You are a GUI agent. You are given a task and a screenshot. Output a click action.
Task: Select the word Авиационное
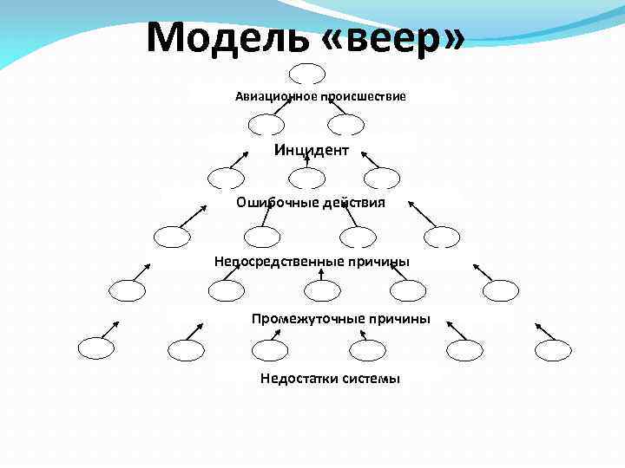pos(276,95)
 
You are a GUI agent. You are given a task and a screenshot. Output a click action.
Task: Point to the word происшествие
pos(364,95)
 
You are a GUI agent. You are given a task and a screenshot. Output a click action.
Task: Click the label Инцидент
pos(312,151)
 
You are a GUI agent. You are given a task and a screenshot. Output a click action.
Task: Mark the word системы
pos(370,378)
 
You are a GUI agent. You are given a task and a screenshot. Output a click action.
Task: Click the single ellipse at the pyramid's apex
pos(307,74)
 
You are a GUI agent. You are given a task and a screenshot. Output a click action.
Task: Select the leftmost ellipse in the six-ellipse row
pos(95,349)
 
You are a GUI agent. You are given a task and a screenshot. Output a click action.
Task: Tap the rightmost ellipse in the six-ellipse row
pos(553,349)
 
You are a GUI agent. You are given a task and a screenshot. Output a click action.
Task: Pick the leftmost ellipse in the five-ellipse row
pos(128,291)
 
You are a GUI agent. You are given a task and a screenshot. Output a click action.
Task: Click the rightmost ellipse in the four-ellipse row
pos(442,236)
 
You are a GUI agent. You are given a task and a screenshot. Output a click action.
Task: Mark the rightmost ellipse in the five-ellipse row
pos(500,291)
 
